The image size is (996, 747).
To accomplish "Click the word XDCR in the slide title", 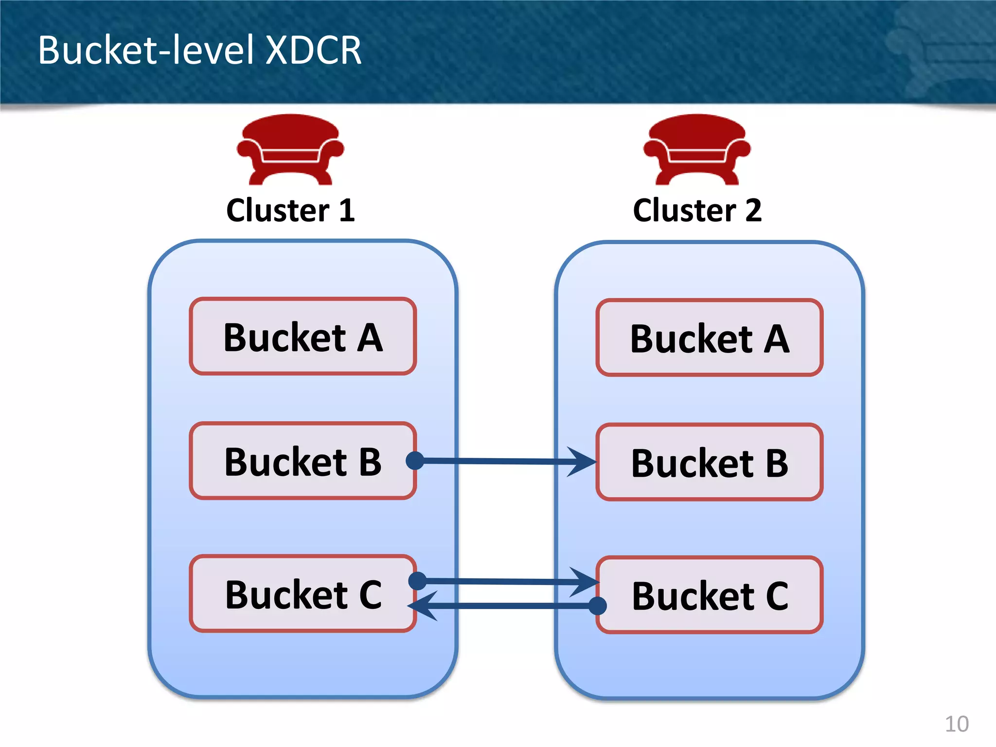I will [x=313, y=50].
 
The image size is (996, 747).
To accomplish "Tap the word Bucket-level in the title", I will [x=146, y=50].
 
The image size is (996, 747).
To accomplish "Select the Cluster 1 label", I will [x=290, y=210].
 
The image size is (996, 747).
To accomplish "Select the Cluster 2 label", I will [x=697, y=210].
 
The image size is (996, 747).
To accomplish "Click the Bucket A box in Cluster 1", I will [x=302, y=337].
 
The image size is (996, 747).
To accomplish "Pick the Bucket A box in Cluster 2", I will [x=709, y=338].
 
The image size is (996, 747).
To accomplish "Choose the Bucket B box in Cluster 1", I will [x=302, y=461].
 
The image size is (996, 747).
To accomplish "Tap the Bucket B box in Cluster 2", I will [x=709, y=462].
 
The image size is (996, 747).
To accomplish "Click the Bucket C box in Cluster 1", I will [x=302, y=594].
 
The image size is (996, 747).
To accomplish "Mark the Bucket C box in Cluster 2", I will [x=709, y=595].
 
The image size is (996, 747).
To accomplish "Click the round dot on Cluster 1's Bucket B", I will [x=415, y=460].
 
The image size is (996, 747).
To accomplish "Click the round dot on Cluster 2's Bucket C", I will [x=597, y=605].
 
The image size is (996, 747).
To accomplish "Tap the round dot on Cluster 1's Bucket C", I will [x=417, y=580].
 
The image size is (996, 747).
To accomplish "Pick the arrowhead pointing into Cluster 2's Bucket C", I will [x=585, y=582].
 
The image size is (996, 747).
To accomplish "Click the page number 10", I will [x=956, y=724].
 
